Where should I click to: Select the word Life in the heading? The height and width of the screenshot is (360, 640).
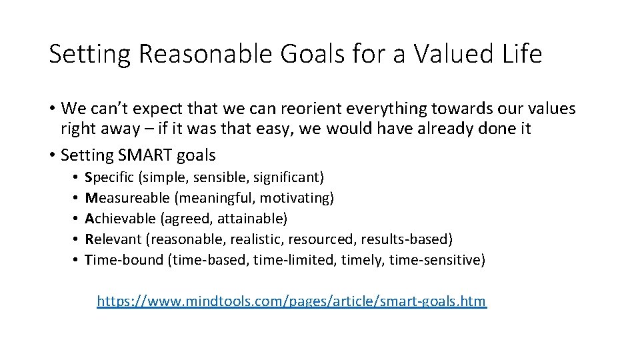pos(523,54)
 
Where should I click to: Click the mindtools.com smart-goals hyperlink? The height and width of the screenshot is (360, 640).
pos(292,301)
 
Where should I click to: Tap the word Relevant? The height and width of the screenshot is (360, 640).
pos(113,239)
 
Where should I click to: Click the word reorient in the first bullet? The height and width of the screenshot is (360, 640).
pos(324,108)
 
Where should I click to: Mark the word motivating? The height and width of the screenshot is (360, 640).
pos(297,198)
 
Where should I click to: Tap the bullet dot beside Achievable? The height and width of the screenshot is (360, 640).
pos(77,219)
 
